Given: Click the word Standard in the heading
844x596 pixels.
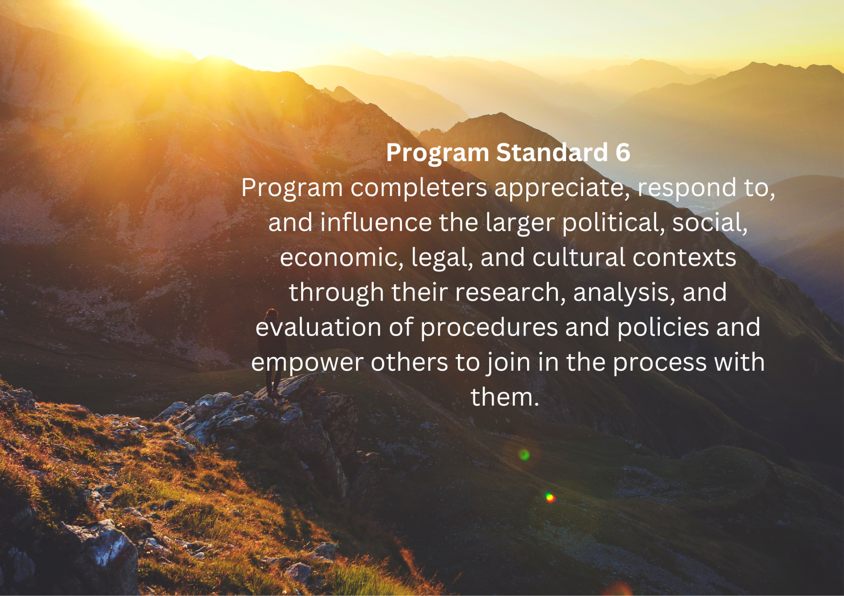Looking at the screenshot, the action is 552,152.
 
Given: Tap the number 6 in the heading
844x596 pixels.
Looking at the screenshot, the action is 623,152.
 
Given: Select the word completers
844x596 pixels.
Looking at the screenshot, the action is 419,188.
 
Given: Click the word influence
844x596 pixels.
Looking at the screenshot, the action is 376,222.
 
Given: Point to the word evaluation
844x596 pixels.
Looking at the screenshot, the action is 318,327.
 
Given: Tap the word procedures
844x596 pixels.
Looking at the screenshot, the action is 489,328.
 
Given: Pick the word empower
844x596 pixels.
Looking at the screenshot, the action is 307,363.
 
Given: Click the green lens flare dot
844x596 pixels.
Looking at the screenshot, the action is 524,455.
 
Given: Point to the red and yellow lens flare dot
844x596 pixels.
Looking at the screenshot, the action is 550,498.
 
